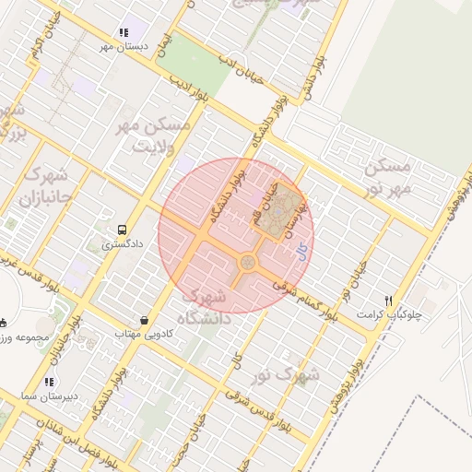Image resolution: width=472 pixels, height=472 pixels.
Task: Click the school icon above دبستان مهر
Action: click(124, 32)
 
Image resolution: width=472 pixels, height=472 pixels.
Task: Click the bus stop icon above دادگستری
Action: click(122, 230)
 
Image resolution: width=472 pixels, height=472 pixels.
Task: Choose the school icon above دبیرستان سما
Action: click(49, 381)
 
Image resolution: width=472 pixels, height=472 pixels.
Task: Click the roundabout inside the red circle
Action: click(248, 264)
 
